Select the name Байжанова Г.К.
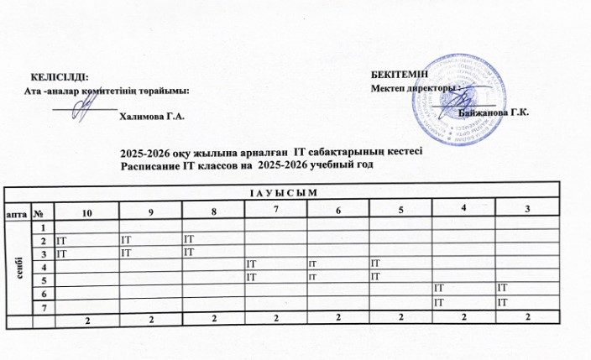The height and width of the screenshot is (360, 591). tap(494, 112)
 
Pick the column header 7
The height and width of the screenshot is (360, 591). tap(275, 209)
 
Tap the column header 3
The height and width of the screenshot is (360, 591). tap(526, 209)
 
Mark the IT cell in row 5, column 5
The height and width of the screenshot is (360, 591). tap(375, 276)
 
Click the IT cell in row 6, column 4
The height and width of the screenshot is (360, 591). tap(439, 289)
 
